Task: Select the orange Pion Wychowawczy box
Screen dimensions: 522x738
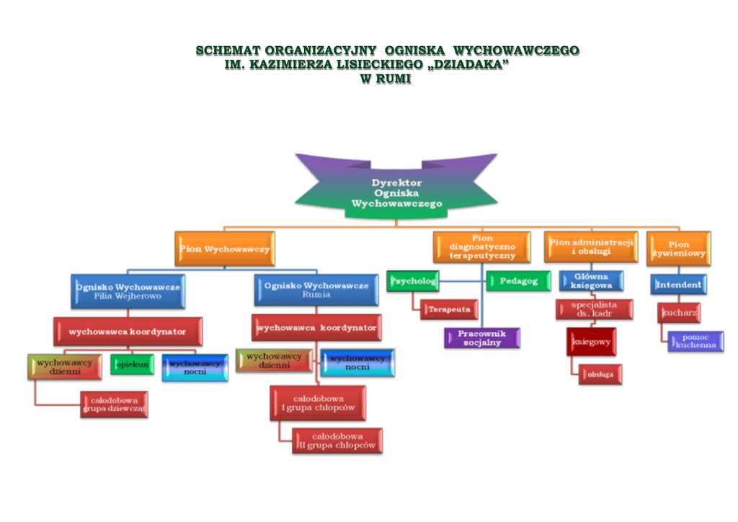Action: click(x=224, y=249)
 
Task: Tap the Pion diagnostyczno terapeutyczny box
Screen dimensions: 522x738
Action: click(x=482, y=247)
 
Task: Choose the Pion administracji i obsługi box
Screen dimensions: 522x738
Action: click(x=591, y=247)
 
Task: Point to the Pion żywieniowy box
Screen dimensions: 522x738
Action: click(x=678, y=249)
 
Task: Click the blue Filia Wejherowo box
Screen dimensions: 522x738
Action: click(x=128, y=291)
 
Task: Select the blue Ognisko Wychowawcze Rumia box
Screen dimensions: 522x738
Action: click(x=316, y=290)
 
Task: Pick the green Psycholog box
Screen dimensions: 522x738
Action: click(x=413, y=281)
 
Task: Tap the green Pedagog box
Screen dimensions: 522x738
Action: click(x=513, y=281)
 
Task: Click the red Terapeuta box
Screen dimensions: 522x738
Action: click(x=450, y=309)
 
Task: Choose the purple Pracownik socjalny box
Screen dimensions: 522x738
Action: click(x=482, y=337)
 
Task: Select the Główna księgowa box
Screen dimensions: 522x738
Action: click(x=591, y=281)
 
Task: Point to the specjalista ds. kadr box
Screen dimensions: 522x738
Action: click(x=595, y=309)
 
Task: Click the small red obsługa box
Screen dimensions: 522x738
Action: click(x=600, y=374)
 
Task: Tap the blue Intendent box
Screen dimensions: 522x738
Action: click(x=678, y=285)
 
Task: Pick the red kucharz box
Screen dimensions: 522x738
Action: click(x=679, y=313)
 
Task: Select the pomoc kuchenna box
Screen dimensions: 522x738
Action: click(x=695, y=341)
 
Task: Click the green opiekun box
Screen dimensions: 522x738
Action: click(x=132, y=365)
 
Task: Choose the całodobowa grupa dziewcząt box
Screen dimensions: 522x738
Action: click(x=115, y=404)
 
